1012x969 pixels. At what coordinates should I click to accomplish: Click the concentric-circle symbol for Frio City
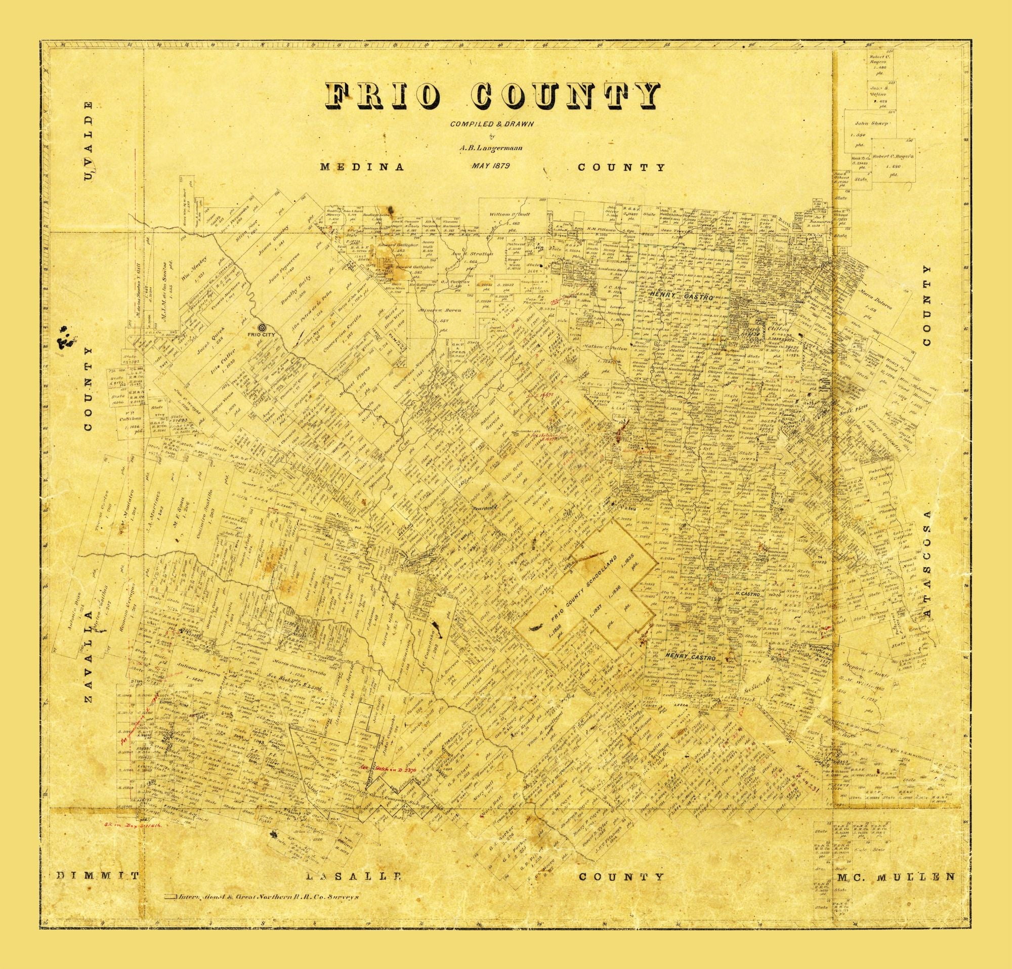click(262, 327)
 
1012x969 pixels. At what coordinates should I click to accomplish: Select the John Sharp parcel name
click(871, 124)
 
